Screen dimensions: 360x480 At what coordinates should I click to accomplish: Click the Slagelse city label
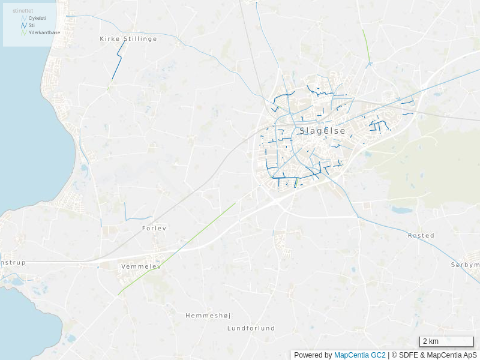322,131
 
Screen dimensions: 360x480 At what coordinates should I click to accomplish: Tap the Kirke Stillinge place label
128,38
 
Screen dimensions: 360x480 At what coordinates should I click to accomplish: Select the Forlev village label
154,228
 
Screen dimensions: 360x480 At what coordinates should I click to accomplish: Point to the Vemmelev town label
141,266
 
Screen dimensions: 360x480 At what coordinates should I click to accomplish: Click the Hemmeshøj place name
208,315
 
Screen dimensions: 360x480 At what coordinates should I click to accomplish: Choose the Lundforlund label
251,328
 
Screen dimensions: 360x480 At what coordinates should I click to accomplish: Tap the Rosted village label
421,235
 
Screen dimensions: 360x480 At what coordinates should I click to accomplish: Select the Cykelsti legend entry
37,18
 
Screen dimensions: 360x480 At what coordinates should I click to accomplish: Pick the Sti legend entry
32,25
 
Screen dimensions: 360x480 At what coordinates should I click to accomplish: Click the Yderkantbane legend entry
44,32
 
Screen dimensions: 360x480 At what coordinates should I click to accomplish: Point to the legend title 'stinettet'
23,11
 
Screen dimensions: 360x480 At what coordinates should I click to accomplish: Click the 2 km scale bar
446,341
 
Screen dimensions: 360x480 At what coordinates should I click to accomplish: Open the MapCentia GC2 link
359,355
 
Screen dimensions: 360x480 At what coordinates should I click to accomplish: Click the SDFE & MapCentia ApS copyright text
437,355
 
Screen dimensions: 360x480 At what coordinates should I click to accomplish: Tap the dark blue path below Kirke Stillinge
118,63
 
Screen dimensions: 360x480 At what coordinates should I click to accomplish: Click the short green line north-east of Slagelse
366,45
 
